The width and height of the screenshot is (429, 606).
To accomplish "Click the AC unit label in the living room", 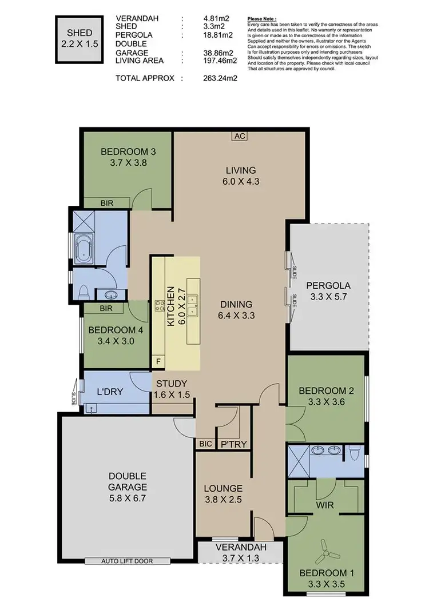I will pos(239,136).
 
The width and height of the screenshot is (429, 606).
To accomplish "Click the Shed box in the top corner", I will pos(78,39).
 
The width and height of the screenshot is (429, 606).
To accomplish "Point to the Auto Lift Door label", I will pos(127,561).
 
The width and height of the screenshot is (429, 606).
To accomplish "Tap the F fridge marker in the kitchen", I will pos(158,362).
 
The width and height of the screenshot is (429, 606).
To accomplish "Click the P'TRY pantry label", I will pos(233,443).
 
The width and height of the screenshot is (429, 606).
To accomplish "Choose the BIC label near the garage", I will pos(205,443).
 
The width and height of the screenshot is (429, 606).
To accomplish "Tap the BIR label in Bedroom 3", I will pos(106,202).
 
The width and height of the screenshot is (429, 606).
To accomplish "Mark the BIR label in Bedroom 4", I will pos(105,308).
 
